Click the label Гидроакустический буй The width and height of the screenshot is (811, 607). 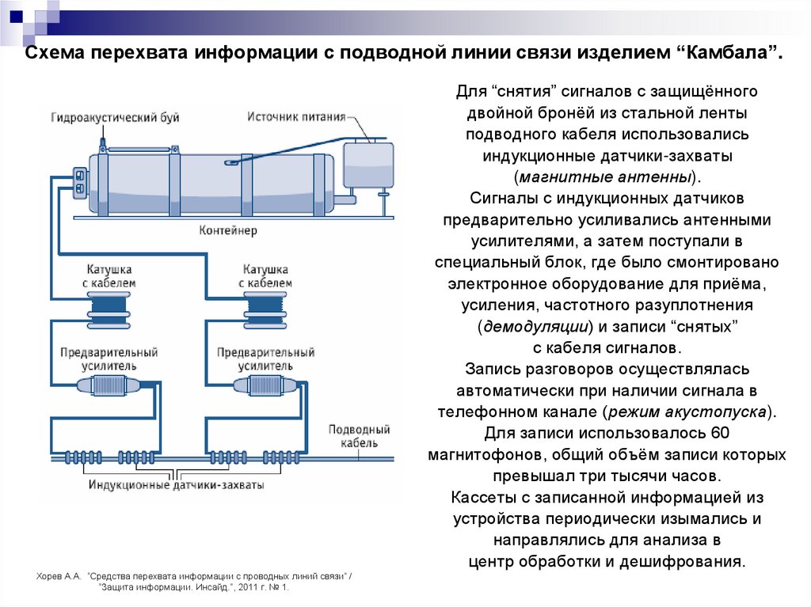tap(116, 118)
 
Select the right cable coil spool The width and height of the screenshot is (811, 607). tap(265, 307)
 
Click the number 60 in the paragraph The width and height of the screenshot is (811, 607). tap(719, 434)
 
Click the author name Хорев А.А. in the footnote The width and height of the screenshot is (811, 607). tap(59, 577)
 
